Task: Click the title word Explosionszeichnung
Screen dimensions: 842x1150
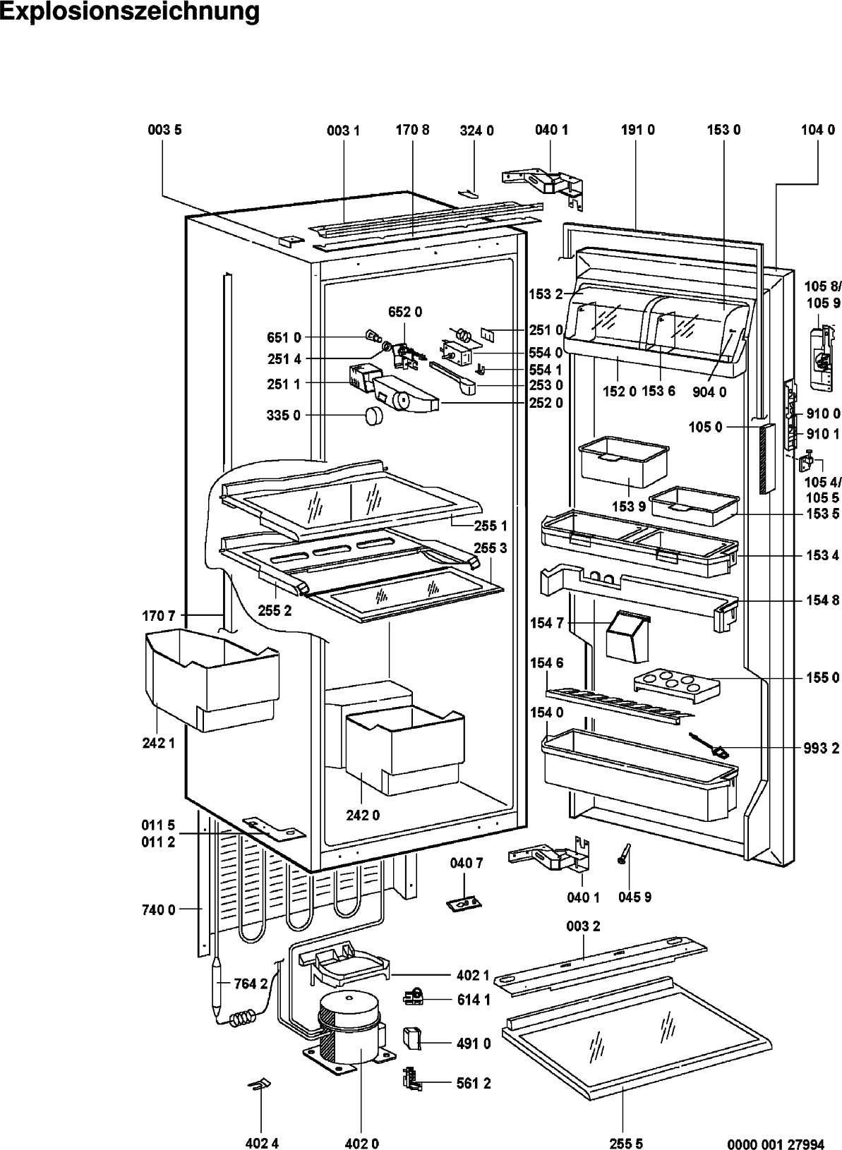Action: pos(130,11)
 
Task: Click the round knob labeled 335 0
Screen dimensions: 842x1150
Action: pos(375,415)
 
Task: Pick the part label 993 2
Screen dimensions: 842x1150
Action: pos(822,749)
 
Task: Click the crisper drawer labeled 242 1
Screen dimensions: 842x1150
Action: pos(212,679)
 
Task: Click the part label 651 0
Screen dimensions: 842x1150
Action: pos(284,337)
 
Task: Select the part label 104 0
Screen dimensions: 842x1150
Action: pos(819,130)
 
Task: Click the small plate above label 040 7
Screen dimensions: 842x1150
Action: pos(464,904)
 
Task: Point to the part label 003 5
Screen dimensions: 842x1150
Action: pos(165,130)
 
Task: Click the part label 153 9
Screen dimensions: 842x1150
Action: pos(629,506)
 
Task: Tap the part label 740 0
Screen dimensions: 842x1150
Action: pos(158,910)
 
